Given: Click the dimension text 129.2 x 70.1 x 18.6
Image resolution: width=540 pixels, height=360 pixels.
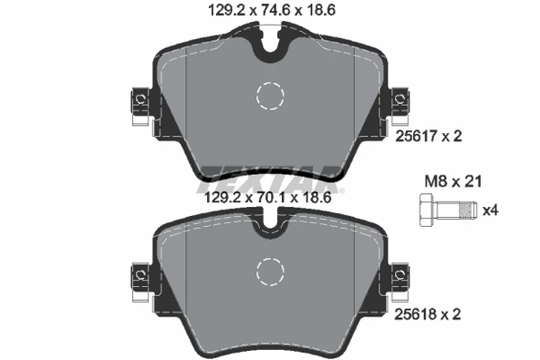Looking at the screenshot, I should point(269,196).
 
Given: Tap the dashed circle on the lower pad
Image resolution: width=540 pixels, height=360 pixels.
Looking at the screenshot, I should point(270,270).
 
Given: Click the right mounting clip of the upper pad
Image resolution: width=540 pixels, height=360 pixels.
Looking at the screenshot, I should point(399,102).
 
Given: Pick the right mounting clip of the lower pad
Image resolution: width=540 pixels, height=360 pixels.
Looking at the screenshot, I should point(399,276).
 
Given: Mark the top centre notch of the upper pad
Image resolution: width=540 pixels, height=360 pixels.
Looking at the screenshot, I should point(270,40).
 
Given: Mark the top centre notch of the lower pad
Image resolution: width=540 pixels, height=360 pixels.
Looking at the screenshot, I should point(270,221).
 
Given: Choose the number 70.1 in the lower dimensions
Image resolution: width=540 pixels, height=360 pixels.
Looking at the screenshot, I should point(270,196).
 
